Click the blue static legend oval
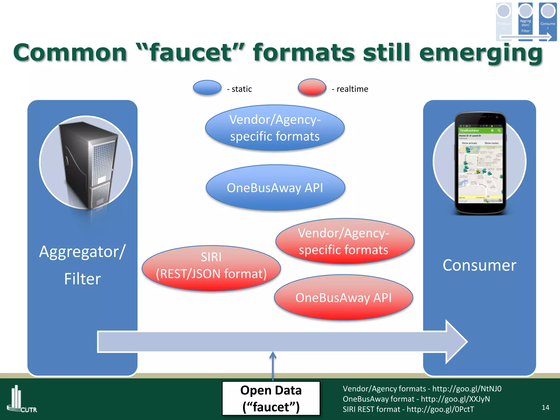207,88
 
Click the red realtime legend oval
312,87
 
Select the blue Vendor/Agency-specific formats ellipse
275,128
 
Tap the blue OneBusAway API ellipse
275,188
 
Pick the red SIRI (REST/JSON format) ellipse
211,268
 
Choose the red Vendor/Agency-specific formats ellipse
345,241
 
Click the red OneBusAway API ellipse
343,297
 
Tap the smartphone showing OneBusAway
480,164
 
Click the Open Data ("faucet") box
271,398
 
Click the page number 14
545,407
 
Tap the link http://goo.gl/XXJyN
455,399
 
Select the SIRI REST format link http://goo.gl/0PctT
440,409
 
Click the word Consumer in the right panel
480,265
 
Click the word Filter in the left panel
82,279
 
